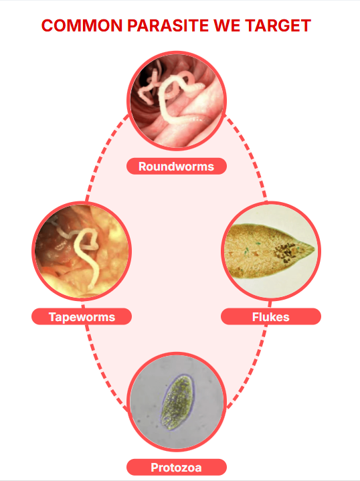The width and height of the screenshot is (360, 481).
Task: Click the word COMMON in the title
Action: pyautogui.click(x=82, y=25)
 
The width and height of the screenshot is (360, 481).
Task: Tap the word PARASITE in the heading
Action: pyautogui.click(x=168, y=25)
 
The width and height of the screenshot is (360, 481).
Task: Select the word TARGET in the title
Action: pyautogui.click(x=278, y=25)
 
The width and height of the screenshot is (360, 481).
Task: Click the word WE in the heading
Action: pyautogui.click(x=227, y=25)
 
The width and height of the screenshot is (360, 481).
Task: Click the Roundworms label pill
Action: pyautogui.click(x=177, y=167)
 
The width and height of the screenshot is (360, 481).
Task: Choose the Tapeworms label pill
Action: pyautogui.click(x=82, y=316)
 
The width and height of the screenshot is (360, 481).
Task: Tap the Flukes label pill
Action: pyautogui.click(x=271, y=316)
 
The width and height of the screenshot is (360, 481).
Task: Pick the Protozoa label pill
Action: pyautogui.click(x=177, y=467)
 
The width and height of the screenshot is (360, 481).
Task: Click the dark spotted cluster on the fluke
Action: pyautogui.click(x=285, y=252)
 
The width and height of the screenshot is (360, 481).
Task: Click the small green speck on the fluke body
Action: pyautogui.click(x=246, y=252)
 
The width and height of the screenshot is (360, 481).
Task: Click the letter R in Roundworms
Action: pyautogui.click(x=142, y=167)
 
